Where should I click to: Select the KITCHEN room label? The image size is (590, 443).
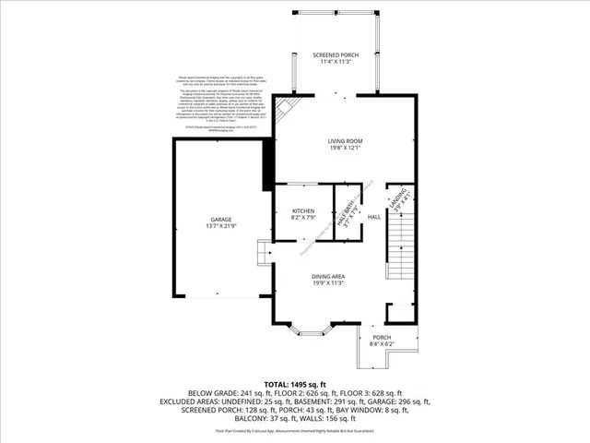(x=303, y=210)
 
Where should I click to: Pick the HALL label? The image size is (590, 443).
(x=374, y=217)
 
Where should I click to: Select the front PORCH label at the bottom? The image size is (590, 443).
(x=380, y=338)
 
